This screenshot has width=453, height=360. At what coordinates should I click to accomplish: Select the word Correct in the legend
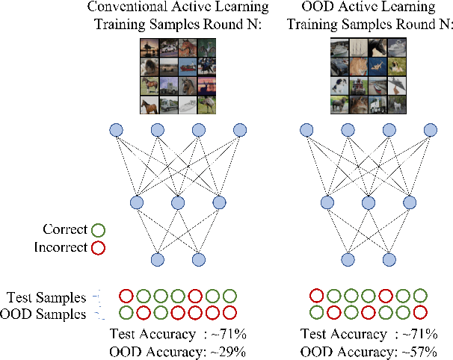(66, 229)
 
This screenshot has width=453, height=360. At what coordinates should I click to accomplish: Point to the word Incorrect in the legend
(61, 247)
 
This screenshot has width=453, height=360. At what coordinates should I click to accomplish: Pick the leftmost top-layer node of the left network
(116, 131)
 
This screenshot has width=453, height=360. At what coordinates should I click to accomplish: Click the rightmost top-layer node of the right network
(429, 131)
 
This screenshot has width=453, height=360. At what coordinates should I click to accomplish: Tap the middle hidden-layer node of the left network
(178, 201)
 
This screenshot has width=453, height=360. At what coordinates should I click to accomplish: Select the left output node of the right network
(347, 260)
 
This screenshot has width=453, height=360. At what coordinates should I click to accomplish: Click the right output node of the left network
(198, 260)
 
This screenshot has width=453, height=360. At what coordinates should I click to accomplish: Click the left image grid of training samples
(177, 77)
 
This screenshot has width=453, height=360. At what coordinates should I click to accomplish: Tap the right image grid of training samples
(367, 77)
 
